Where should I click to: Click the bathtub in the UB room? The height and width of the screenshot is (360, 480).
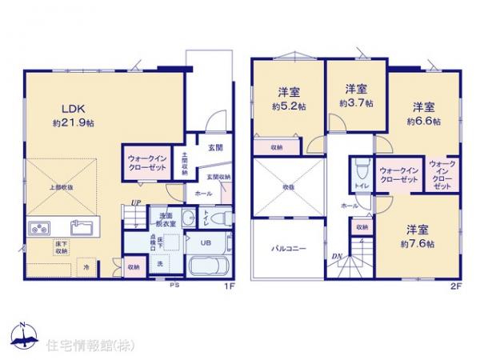210,266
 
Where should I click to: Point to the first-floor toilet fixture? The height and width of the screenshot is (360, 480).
222,218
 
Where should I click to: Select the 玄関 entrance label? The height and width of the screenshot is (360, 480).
215,147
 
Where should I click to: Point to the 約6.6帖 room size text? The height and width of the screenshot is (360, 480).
423,122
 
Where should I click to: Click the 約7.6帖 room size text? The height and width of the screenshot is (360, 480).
419,242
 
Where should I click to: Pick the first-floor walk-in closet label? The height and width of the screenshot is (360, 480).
147,164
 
